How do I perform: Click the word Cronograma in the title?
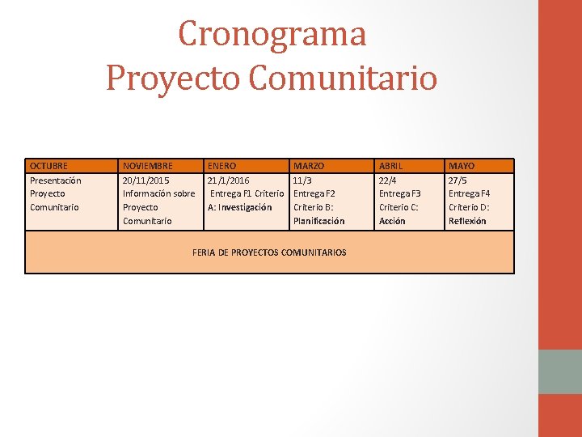tap(272, 34)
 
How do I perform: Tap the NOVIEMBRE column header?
tap(147, 166)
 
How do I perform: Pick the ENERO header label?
tap(222, 166)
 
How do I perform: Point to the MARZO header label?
tap(309, 166)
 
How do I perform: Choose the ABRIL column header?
tap(394, 166)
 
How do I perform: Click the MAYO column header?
tap(462, 166)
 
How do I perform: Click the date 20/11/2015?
tap(146, 180)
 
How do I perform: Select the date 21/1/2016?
tap(229, 180)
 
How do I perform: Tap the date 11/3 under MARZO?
tap(303, 180)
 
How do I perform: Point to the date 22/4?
tap(389, 180)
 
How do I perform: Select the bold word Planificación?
tap(318, 221)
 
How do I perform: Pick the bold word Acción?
tap(392, 221)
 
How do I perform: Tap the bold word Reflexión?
tap(467, 221)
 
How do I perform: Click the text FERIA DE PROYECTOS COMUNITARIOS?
tap(269, 252)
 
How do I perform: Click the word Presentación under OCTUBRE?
tap(55, 180)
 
